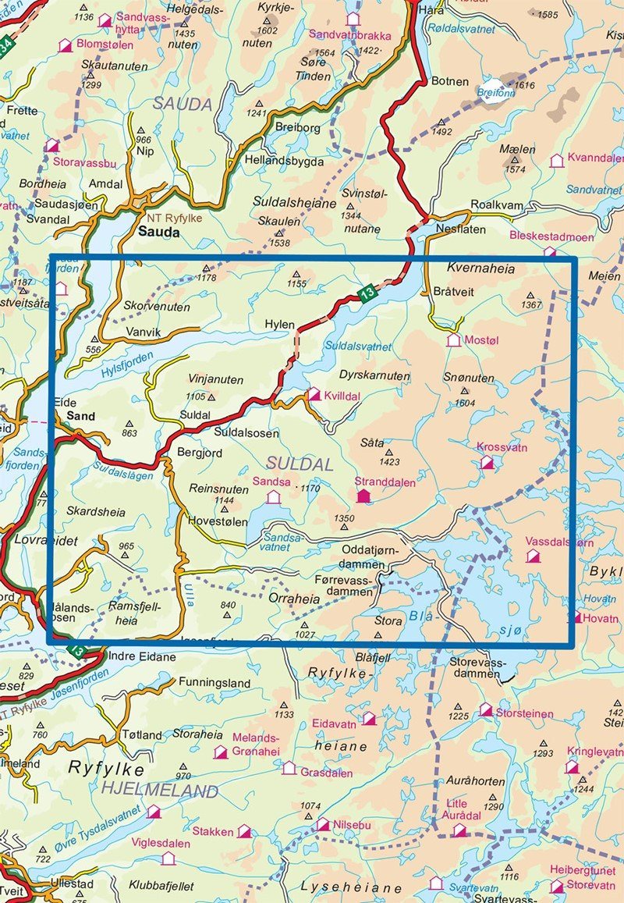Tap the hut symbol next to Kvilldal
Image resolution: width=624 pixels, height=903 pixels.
(314, 395)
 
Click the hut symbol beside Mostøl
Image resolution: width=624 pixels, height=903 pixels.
(453, 340)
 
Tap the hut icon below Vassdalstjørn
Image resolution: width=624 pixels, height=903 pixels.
(534, 556)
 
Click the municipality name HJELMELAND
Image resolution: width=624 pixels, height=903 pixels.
(159, 791)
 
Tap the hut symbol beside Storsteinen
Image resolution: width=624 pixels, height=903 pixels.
(485, 709)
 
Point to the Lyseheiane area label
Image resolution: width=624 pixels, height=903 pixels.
(351, 887)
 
